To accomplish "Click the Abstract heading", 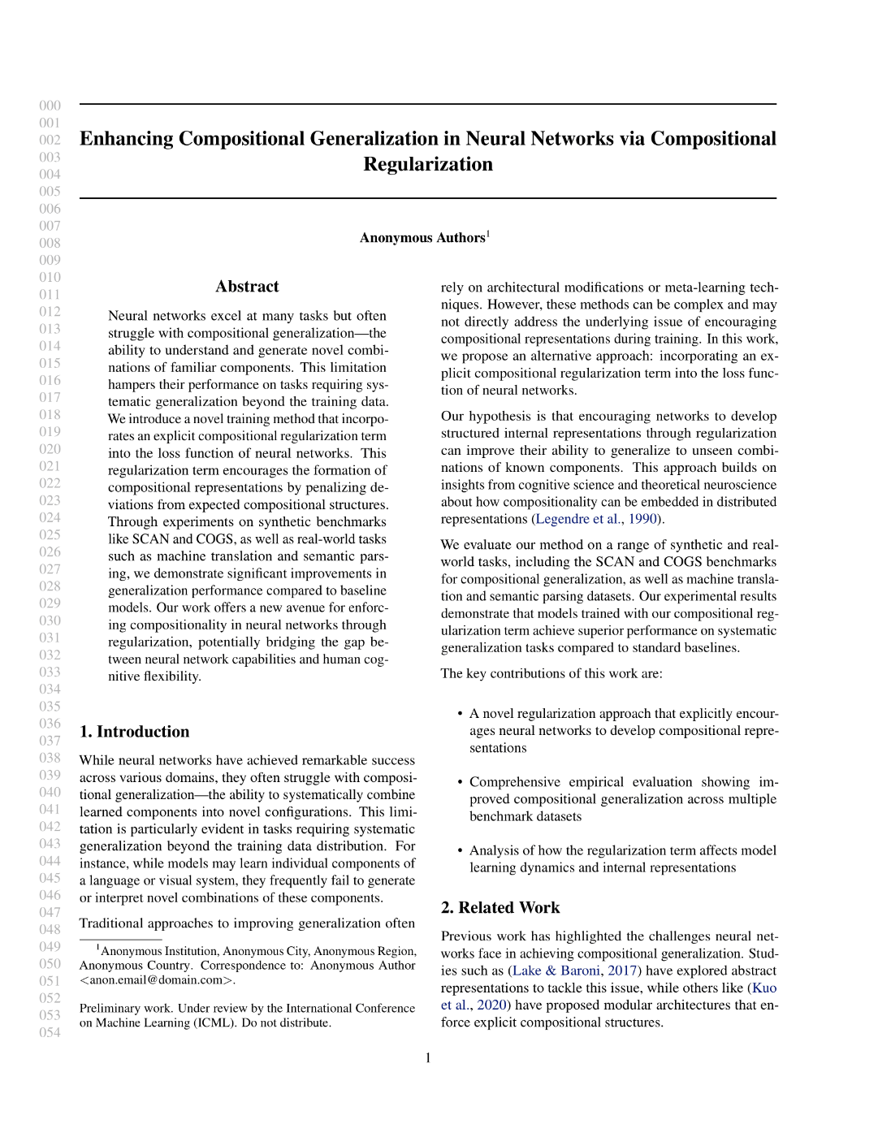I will pyautogui.click(x=247, y=287).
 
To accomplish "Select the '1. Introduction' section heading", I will pyautogui.click(x=134, y=732).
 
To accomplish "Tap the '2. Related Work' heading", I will pyautogui.click(x=500, y=908).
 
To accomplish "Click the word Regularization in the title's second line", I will pyautogui.click(x=428, y=164).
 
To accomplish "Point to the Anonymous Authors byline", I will pyautogui.click(x=422, y=238).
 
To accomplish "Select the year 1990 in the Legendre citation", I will pyautogui.click(x=642, y=519).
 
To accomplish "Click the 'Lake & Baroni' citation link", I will pyautogui.click(x=556, y=971).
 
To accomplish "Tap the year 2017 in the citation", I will pyautogui.click(x=622, y=971).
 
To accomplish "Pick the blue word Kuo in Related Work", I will pyautogui.click(x=764, y=988).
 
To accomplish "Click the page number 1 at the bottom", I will pyautogui.click(x=428, y=1058).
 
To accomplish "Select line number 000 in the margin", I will pyautogui.click(x=50, y=106).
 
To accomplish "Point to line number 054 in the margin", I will pyautogui.click(x=50, y=1033).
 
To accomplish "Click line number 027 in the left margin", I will pyautogui.click(x=50, y=569).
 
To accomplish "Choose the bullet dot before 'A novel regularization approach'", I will pyautogui.click(x=461, y=714).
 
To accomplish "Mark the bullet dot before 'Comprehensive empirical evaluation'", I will pyautogui.click(x=461, y=782).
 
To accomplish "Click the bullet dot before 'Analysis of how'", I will pyautogui.click(x=461, y=850).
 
